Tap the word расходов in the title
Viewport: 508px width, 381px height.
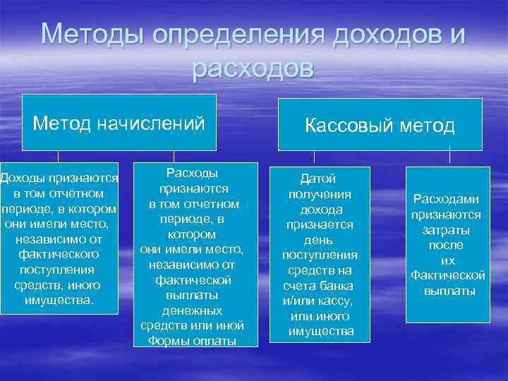pyautogui.click(x=253, y=68)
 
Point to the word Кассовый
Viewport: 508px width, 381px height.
pyautogui.click(x=346, y=126)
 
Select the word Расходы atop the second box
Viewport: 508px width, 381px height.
pyautogui.click(x=192, y=174)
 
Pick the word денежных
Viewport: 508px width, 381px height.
pyautogui.click(x=192, y=310)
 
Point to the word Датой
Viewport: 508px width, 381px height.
pyautogui.click(x=318, y=179)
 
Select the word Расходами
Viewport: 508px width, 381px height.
pyautogui.click(x=446, y=199)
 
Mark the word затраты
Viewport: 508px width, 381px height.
pyautogui.click(x=446, y=230)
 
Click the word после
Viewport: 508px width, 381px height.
pyautogui.click(x=446, y=245)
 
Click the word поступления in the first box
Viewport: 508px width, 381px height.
pyautogui.click(x=59, y=270)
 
